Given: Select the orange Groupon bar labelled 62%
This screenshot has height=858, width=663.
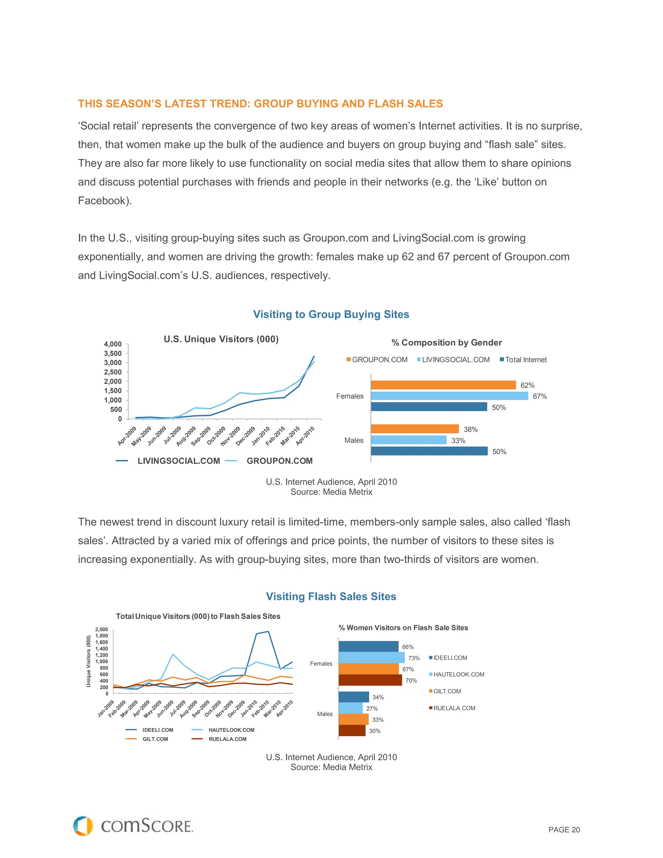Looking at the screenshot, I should [443, 385].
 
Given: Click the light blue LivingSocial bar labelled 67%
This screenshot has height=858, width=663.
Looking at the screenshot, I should [449, 396].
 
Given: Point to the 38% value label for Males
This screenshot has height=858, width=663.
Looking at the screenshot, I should [470, 429].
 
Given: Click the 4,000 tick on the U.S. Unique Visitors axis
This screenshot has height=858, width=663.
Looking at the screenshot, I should [113, 344].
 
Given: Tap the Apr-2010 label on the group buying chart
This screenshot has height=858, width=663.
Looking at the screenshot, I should [305, 436].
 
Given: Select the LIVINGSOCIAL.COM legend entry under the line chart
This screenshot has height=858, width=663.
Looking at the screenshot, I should [178, 461].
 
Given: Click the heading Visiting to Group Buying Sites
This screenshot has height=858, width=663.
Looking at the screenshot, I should [331, 314].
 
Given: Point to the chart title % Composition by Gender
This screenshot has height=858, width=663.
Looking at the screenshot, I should [446, 343].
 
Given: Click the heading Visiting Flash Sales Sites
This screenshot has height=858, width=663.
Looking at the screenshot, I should [331, 596].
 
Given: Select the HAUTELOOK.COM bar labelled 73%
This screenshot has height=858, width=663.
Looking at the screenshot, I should [371, 658].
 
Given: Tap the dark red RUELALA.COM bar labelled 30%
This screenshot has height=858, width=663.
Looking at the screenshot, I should [352, 731].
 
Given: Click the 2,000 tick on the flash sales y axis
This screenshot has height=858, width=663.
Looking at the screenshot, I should [101, 629].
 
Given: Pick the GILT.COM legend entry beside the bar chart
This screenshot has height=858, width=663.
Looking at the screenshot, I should [447, 691].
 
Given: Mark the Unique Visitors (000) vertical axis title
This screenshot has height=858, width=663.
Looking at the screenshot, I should [88, 661].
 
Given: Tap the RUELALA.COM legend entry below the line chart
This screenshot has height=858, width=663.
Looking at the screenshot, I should [227, 739].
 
